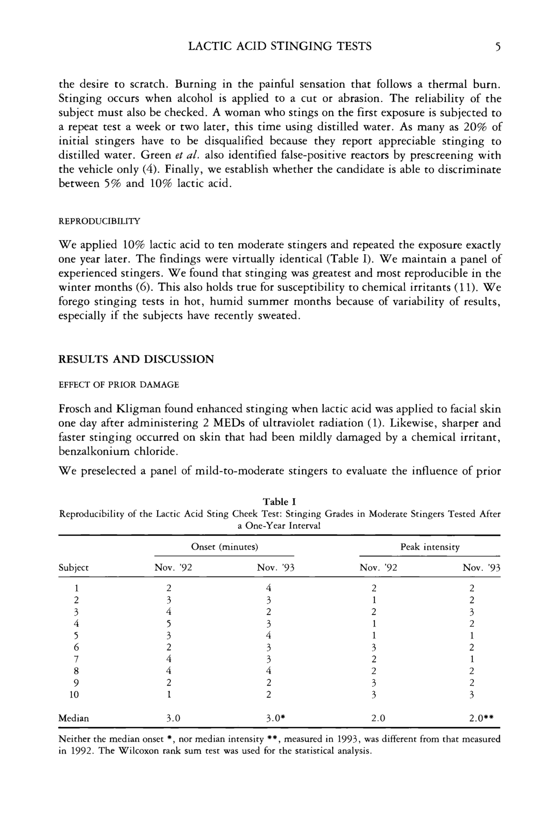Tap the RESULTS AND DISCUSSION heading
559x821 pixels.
136,359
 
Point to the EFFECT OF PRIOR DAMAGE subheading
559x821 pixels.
119,385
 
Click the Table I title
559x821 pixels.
279,501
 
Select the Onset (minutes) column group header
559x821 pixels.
225,547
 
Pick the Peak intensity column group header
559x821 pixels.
430,547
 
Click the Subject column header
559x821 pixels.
73,568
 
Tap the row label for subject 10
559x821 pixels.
74,695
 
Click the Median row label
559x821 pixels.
73,718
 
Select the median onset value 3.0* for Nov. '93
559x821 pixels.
275,718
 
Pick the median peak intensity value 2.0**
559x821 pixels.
481,718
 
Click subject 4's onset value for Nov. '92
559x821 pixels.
169,624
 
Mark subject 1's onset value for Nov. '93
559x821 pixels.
268,588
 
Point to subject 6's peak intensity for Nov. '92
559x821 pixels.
374,647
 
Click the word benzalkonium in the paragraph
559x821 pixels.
94,452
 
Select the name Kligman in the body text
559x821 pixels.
135,409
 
